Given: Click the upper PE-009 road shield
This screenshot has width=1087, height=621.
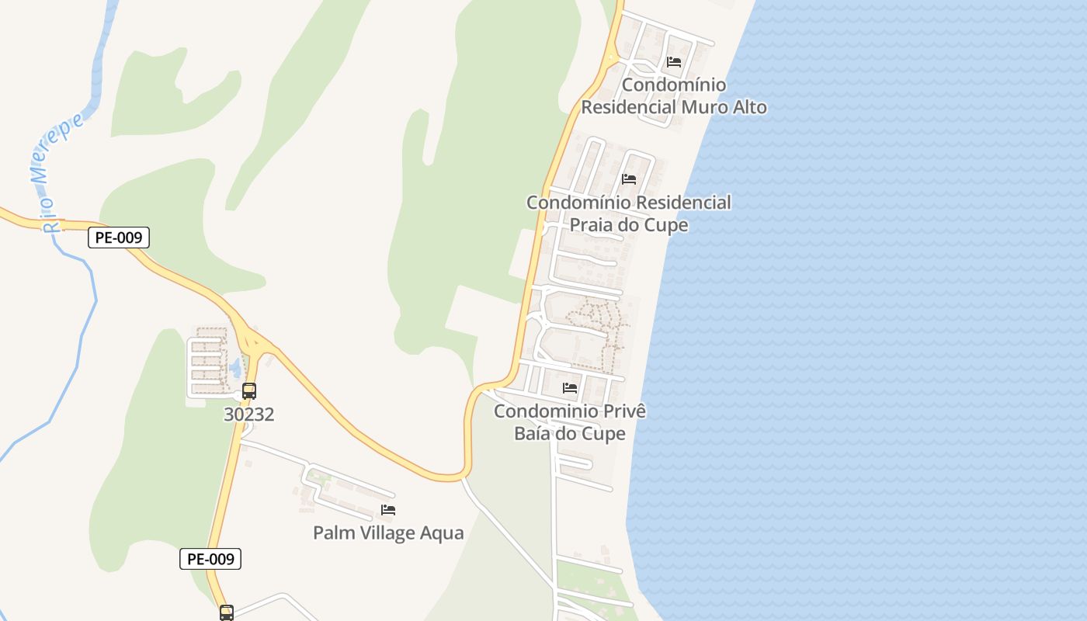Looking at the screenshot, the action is (118, 238).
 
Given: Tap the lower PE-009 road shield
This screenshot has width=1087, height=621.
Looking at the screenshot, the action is (210, 558).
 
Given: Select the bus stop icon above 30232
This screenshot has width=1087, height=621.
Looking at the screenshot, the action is (249, 391).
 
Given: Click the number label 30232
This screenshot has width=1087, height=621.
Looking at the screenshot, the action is (248, 415).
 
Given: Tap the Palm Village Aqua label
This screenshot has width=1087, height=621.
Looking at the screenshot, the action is (388, 533).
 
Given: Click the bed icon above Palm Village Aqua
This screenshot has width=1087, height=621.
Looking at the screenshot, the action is (388, 510).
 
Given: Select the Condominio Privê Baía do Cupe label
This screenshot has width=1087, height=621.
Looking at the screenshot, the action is (570, 422).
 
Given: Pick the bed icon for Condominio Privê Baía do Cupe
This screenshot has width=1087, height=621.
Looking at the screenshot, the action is (570, 388).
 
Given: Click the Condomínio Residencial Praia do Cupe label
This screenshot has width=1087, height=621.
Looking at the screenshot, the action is (629, 213).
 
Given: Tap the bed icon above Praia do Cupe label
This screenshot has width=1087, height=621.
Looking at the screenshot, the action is (629, 179).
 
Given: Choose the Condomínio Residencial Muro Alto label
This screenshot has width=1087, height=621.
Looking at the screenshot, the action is (674, 96).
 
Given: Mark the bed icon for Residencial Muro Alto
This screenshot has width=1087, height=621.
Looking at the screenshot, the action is (674, 62).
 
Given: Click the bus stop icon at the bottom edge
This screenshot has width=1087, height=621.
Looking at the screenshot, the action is (226, 612).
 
